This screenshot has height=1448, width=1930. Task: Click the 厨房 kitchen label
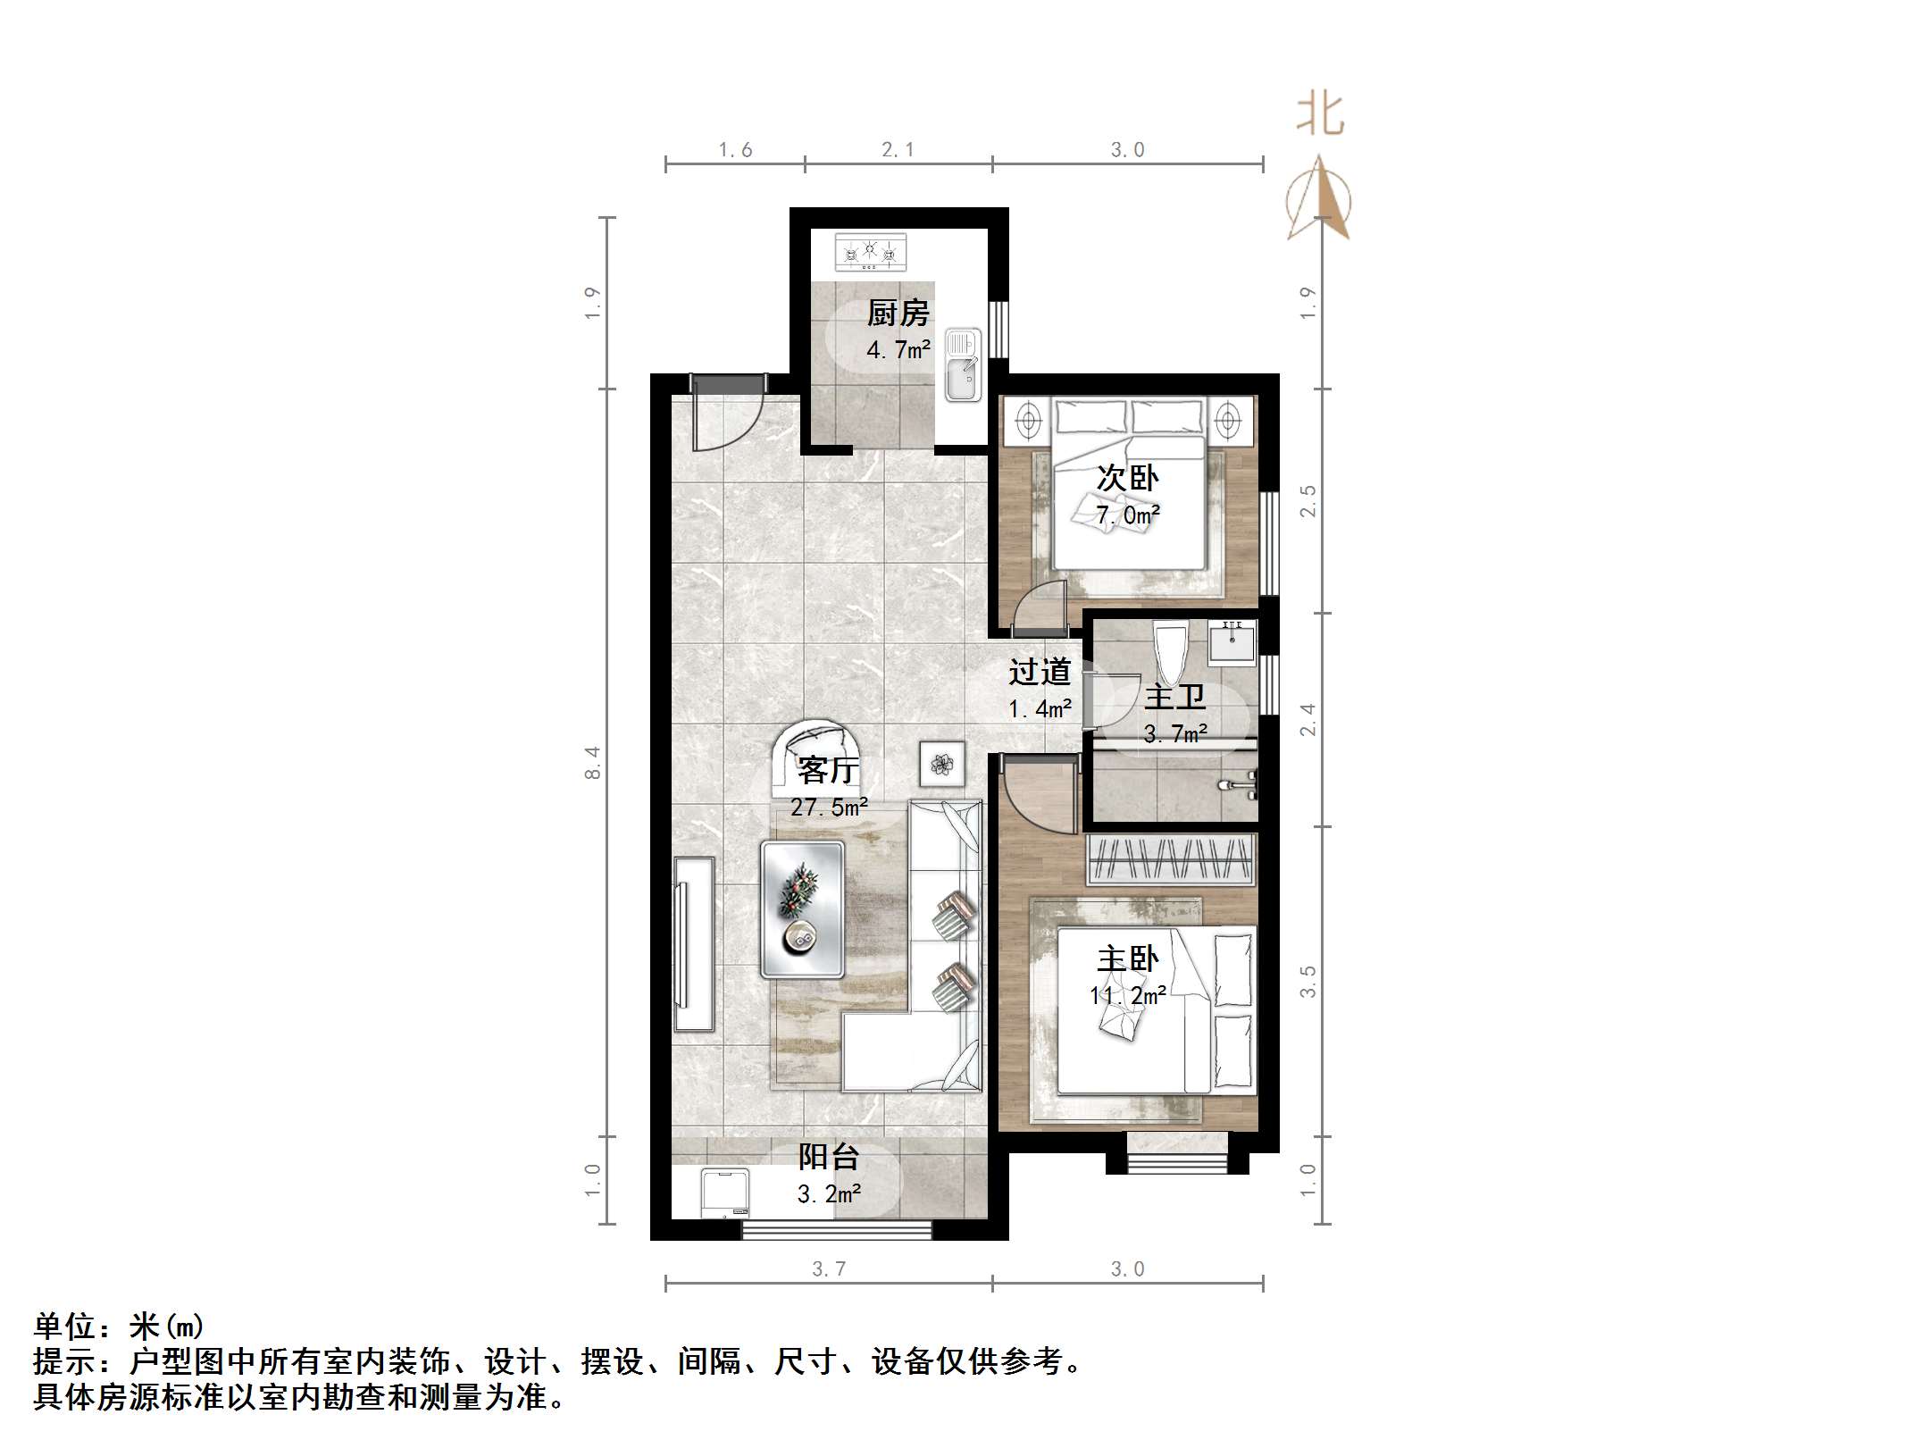(898, 314)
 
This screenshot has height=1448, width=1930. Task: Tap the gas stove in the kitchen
(870, 251)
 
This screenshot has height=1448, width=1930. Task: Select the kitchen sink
(964, 364)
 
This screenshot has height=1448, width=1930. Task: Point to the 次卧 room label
(1127, 479)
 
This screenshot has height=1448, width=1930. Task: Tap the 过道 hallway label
(1040, 672)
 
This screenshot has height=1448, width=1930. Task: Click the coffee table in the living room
(802, 908)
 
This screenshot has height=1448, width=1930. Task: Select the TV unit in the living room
(694, 944)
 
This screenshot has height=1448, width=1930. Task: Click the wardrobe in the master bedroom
(1171, 859)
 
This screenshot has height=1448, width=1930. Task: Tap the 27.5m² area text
(829, 808)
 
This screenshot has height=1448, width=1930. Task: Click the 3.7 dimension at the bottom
(828, 1268)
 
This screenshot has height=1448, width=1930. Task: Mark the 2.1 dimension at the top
(898, 150)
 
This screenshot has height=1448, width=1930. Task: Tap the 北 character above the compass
(1320, 115)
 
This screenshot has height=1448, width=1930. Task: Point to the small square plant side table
(941, 764)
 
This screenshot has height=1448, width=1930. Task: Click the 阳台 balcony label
(828, 1158)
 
